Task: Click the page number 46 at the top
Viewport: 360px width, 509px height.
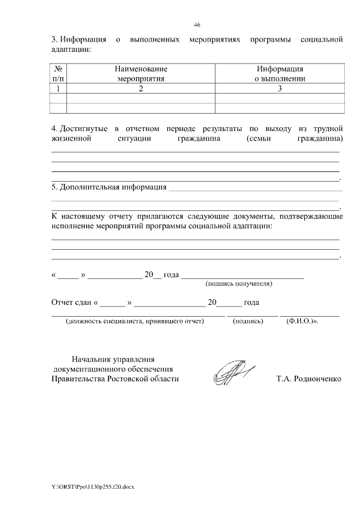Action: pos(197,25)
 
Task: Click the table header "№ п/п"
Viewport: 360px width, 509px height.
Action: pos(58,73)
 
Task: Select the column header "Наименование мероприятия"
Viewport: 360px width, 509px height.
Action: pos(141,73)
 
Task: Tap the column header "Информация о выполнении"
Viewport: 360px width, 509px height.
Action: pos(280,73)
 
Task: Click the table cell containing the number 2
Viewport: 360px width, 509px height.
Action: pos(141,89)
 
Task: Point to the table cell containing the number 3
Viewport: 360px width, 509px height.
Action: pos(280,89)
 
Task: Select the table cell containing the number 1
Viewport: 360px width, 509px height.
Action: pos(58,89)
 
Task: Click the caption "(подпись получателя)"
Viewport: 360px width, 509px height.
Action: pos(239,283)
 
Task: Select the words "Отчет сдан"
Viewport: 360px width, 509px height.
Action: pos(72,303)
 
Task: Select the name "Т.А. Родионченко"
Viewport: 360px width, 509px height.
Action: pos(308,379)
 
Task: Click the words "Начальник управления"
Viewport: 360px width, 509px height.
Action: pos(113,359)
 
